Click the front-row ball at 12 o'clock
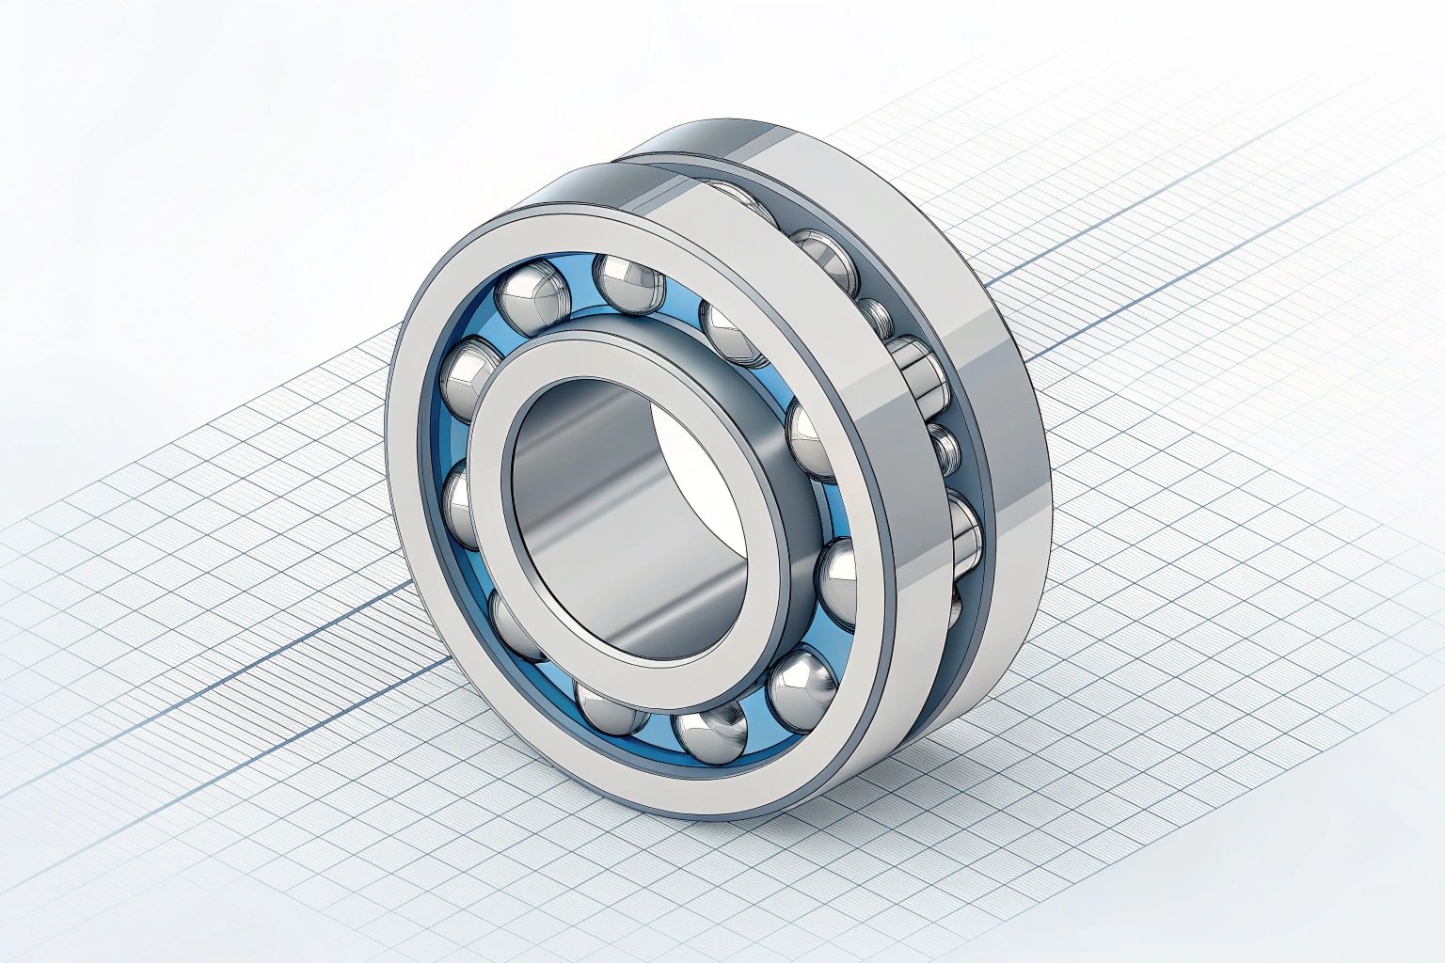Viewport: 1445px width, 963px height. point(629,281)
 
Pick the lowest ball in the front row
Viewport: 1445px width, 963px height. point(711,733)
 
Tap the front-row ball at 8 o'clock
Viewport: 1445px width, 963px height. point(513,621)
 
